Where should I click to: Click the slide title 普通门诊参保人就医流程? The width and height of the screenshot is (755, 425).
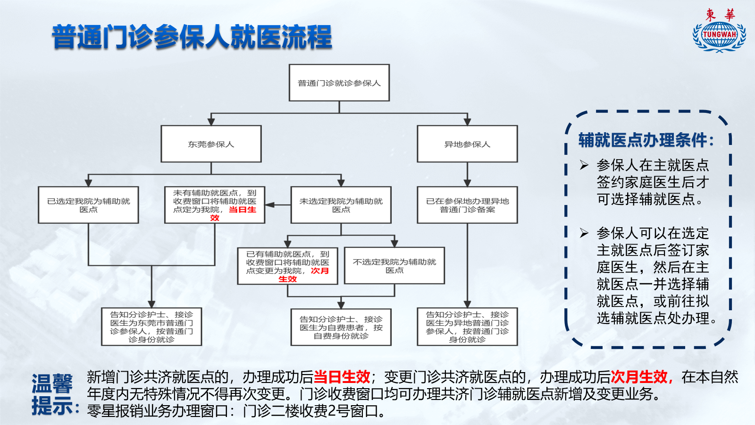(x=192, y=37)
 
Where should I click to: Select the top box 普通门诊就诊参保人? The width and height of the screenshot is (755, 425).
(x=339, y=83)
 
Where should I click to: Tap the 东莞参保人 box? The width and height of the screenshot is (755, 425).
(x=211, y=144)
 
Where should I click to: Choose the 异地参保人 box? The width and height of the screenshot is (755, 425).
(x=467, y=144)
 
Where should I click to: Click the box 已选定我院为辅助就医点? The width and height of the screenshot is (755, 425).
(x=88, y=205)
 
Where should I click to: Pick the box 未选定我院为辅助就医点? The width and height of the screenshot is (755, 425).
(x=341, y=205)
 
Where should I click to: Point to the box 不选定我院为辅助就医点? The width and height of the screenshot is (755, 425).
(x=394, y=266)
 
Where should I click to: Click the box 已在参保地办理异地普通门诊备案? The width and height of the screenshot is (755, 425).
(x=467, y=205)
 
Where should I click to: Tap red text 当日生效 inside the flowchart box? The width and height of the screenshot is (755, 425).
(x=233, y=213)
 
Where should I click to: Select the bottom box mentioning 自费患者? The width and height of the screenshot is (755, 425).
(x=341, y=327)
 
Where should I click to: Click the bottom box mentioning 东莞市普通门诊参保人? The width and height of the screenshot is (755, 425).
(x=151, y=326)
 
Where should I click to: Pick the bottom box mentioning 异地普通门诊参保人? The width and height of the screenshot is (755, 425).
(x=467, y=326)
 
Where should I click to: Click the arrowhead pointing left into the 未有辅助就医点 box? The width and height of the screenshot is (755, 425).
(x=269, y=205)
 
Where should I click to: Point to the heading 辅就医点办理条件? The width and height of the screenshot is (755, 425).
(x=646, y=140)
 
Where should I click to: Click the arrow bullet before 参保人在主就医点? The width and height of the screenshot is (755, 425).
(x=584, y=165)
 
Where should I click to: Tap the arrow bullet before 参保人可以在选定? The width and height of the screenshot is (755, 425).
(x=584, y=233)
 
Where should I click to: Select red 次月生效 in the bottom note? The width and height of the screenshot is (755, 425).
(x=641, y=377)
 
